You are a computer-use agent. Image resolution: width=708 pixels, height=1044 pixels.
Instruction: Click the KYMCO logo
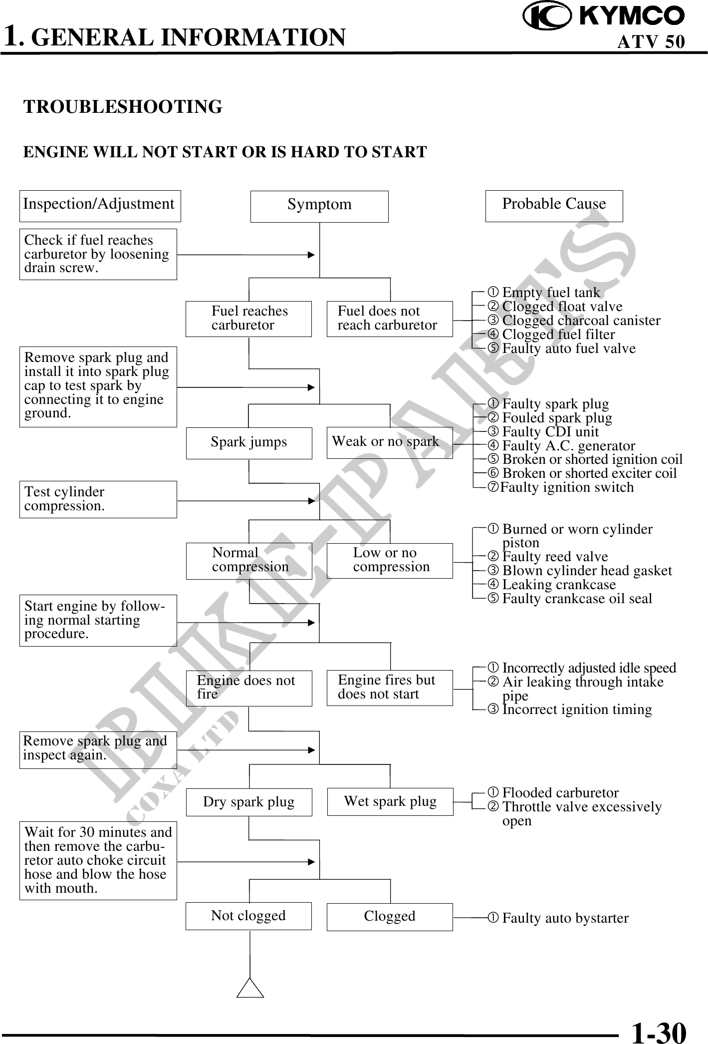pos(604,16)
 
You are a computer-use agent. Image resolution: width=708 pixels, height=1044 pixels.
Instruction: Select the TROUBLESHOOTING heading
pos(123,107)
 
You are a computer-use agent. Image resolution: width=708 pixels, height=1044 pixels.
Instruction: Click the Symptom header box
pos(319,206)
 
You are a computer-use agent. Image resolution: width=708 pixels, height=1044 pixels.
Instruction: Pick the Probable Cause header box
pos(554,206)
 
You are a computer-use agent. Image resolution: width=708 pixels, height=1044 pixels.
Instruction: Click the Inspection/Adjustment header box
pos(100,206)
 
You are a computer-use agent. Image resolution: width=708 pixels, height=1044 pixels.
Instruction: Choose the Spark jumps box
pos(249,443)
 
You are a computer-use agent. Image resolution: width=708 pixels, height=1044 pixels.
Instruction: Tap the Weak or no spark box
pos(390,442)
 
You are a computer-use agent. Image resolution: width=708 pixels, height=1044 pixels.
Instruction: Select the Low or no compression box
pos(390,561)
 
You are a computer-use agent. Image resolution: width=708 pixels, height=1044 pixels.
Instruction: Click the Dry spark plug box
pos(249,802)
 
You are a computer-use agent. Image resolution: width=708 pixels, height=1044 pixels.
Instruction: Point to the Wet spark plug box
pos(390,801)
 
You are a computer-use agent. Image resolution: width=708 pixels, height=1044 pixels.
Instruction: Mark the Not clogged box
pos(248,916)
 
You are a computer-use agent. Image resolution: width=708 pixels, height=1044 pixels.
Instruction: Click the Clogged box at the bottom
pos(390,917)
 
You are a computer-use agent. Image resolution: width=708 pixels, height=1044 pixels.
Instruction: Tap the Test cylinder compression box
pos(98,499)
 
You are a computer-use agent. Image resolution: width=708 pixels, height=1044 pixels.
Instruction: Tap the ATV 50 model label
pos(651,42)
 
